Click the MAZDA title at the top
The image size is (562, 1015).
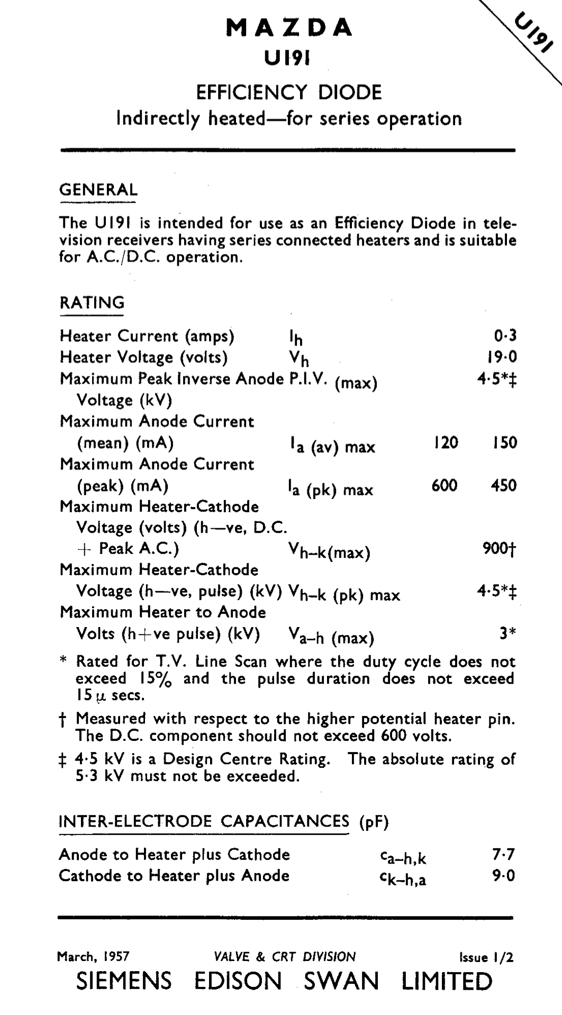tap(289, 28)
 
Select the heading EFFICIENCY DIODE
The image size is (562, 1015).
tap(289, 93)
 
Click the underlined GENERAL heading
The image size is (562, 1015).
tap(98, 189)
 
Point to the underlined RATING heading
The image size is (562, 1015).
tap(92, 303)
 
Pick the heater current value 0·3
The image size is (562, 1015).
tap(505, 336)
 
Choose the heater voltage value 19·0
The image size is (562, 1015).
tap(502, 357)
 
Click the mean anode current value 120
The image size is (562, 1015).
tap(446, 442)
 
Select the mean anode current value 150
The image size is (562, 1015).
tap(504, 442)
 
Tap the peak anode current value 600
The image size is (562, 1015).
tap(445, 485)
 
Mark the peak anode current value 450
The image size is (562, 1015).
tap(503, 485)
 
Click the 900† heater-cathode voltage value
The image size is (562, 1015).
tap(499, 549)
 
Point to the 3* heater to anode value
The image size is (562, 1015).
tap(507, 633)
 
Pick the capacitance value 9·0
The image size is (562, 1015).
tap(503, 876)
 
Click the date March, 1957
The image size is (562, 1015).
tap(93, 957)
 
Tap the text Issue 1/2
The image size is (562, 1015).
tap(486, 957)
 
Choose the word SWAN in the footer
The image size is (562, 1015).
tap(341, 982)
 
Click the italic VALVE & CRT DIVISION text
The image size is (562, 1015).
tap(285, 957)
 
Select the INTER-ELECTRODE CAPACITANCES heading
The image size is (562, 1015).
tap(204, 821)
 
